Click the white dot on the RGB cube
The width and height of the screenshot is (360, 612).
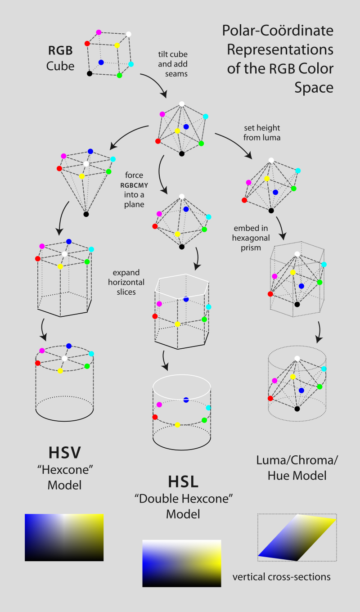129,34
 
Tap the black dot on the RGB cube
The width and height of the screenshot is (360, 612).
90,73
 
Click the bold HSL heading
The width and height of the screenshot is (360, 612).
183,481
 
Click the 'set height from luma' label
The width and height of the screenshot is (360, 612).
262,133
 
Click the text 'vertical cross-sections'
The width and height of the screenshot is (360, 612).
281,577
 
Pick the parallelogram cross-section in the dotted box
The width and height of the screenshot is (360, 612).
297,538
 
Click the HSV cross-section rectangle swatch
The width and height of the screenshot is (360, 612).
64,537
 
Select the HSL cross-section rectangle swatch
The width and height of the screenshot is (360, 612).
181,563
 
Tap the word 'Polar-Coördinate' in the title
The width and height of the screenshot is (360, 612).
278,31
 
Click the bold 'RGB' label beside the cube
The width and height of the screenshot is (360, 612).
60,50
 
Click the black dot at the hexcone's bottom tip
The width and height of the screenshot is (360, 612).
86,214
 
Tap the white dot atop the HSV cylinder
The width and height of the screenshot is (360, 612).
65,359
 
